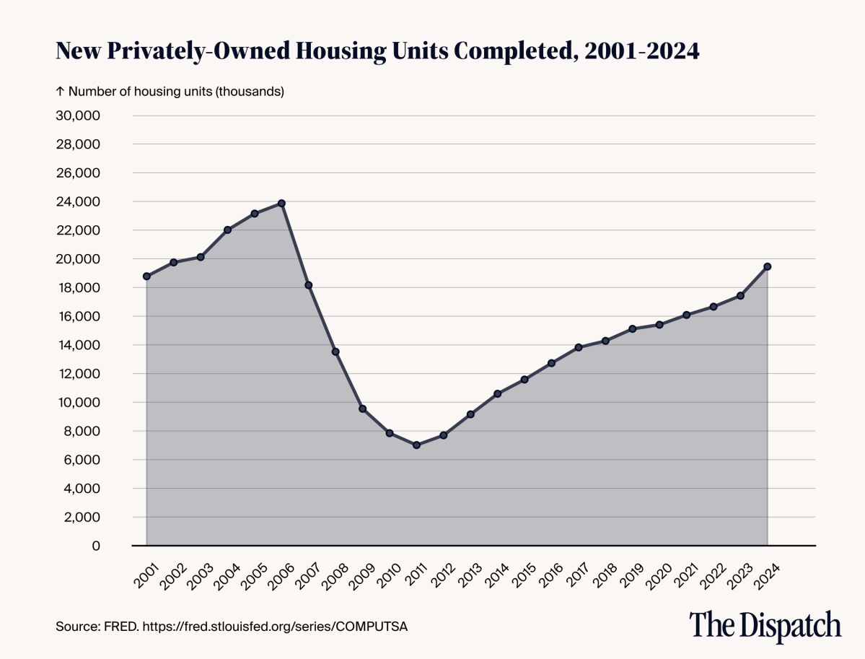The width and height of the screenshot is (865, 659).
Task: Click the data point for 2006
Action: (281, 203)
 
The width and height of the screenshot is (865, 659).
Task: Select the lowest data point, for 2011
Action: (416, 445)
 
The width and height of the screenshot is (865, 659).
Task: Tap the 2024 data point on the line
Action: (768, 266)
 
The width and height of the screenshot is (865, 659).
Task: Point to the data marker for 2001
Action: (146, 276)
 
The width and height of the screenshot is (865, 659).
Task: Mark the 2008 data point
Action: (335, 352)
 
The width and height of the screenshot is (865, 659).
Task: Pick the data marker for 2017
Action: (579, 347)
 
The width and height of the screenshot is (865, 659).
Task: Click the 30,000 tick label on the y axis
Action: (78, 115)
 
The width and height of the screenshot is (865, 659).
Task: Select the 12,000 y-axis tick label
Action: (78, 373)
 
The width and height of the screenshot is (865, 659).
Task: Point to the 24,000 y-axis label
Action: (78, 201)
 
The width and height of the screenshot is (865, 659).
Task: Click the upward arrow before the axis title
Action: (60, 92)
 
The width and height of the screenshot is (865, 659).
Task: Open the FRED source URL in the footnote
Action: (275, 627)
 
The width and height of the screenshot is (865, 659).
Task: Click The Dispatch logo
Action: (765, 625)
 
